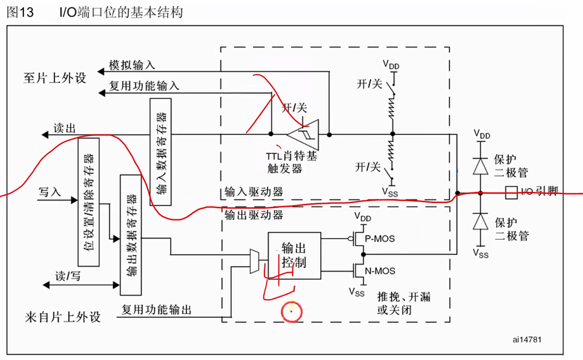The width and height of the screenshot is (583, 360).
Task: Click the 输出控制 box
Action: (x=294, y=255)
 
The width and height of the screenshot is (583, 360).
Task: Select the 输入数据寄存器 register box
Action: (x=161, y=152)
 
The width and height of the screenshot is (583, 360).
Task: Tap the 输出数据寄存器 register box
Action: (x=131, y=235)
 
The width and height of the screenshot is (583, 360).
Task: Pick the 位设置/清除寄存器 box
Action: (x=88, y=202)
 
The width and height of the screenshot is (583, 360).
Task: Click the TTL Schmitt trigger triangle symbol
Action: (x=304, y=133)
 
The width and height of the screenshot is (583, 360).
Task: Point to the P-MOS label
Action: (x=380, y=239)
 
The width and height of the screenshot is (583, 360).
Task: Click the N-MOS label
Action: (x=380, y=271)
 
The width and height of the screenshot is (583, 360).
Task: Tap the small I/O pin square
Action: (x=511, y=192)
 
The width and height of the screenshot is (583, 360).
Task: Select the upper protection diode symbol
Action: (x=481, y=165)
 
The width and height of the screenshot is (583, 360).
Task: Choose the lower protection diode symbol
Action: (x=481, y=221)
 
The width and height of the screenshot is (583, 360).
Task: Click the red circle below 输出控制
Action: (x=291, y=312)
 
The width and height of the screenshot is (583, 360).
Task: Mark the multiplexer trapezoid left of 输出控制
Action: (x=254, y=260)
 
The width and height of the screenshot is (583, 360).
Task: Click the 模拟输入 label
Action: (x=132, y=65)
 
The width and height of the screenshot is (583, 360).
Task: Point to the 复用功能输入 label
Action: (x=144, y=86)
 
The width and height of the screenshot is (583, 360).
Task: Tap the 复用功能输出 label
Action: (x=156, y=309)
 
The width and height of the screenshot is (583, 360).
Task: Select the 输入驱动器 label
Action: (x=254, y=192)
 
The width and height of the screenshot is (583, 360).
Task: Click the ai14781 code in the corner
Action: (x=527, y=340)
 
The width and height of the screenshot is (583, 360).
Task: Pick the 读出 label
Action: (x=64, y=128)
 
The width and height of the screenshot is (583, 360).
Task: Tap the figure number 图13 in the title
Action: (x=20, y=12)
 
